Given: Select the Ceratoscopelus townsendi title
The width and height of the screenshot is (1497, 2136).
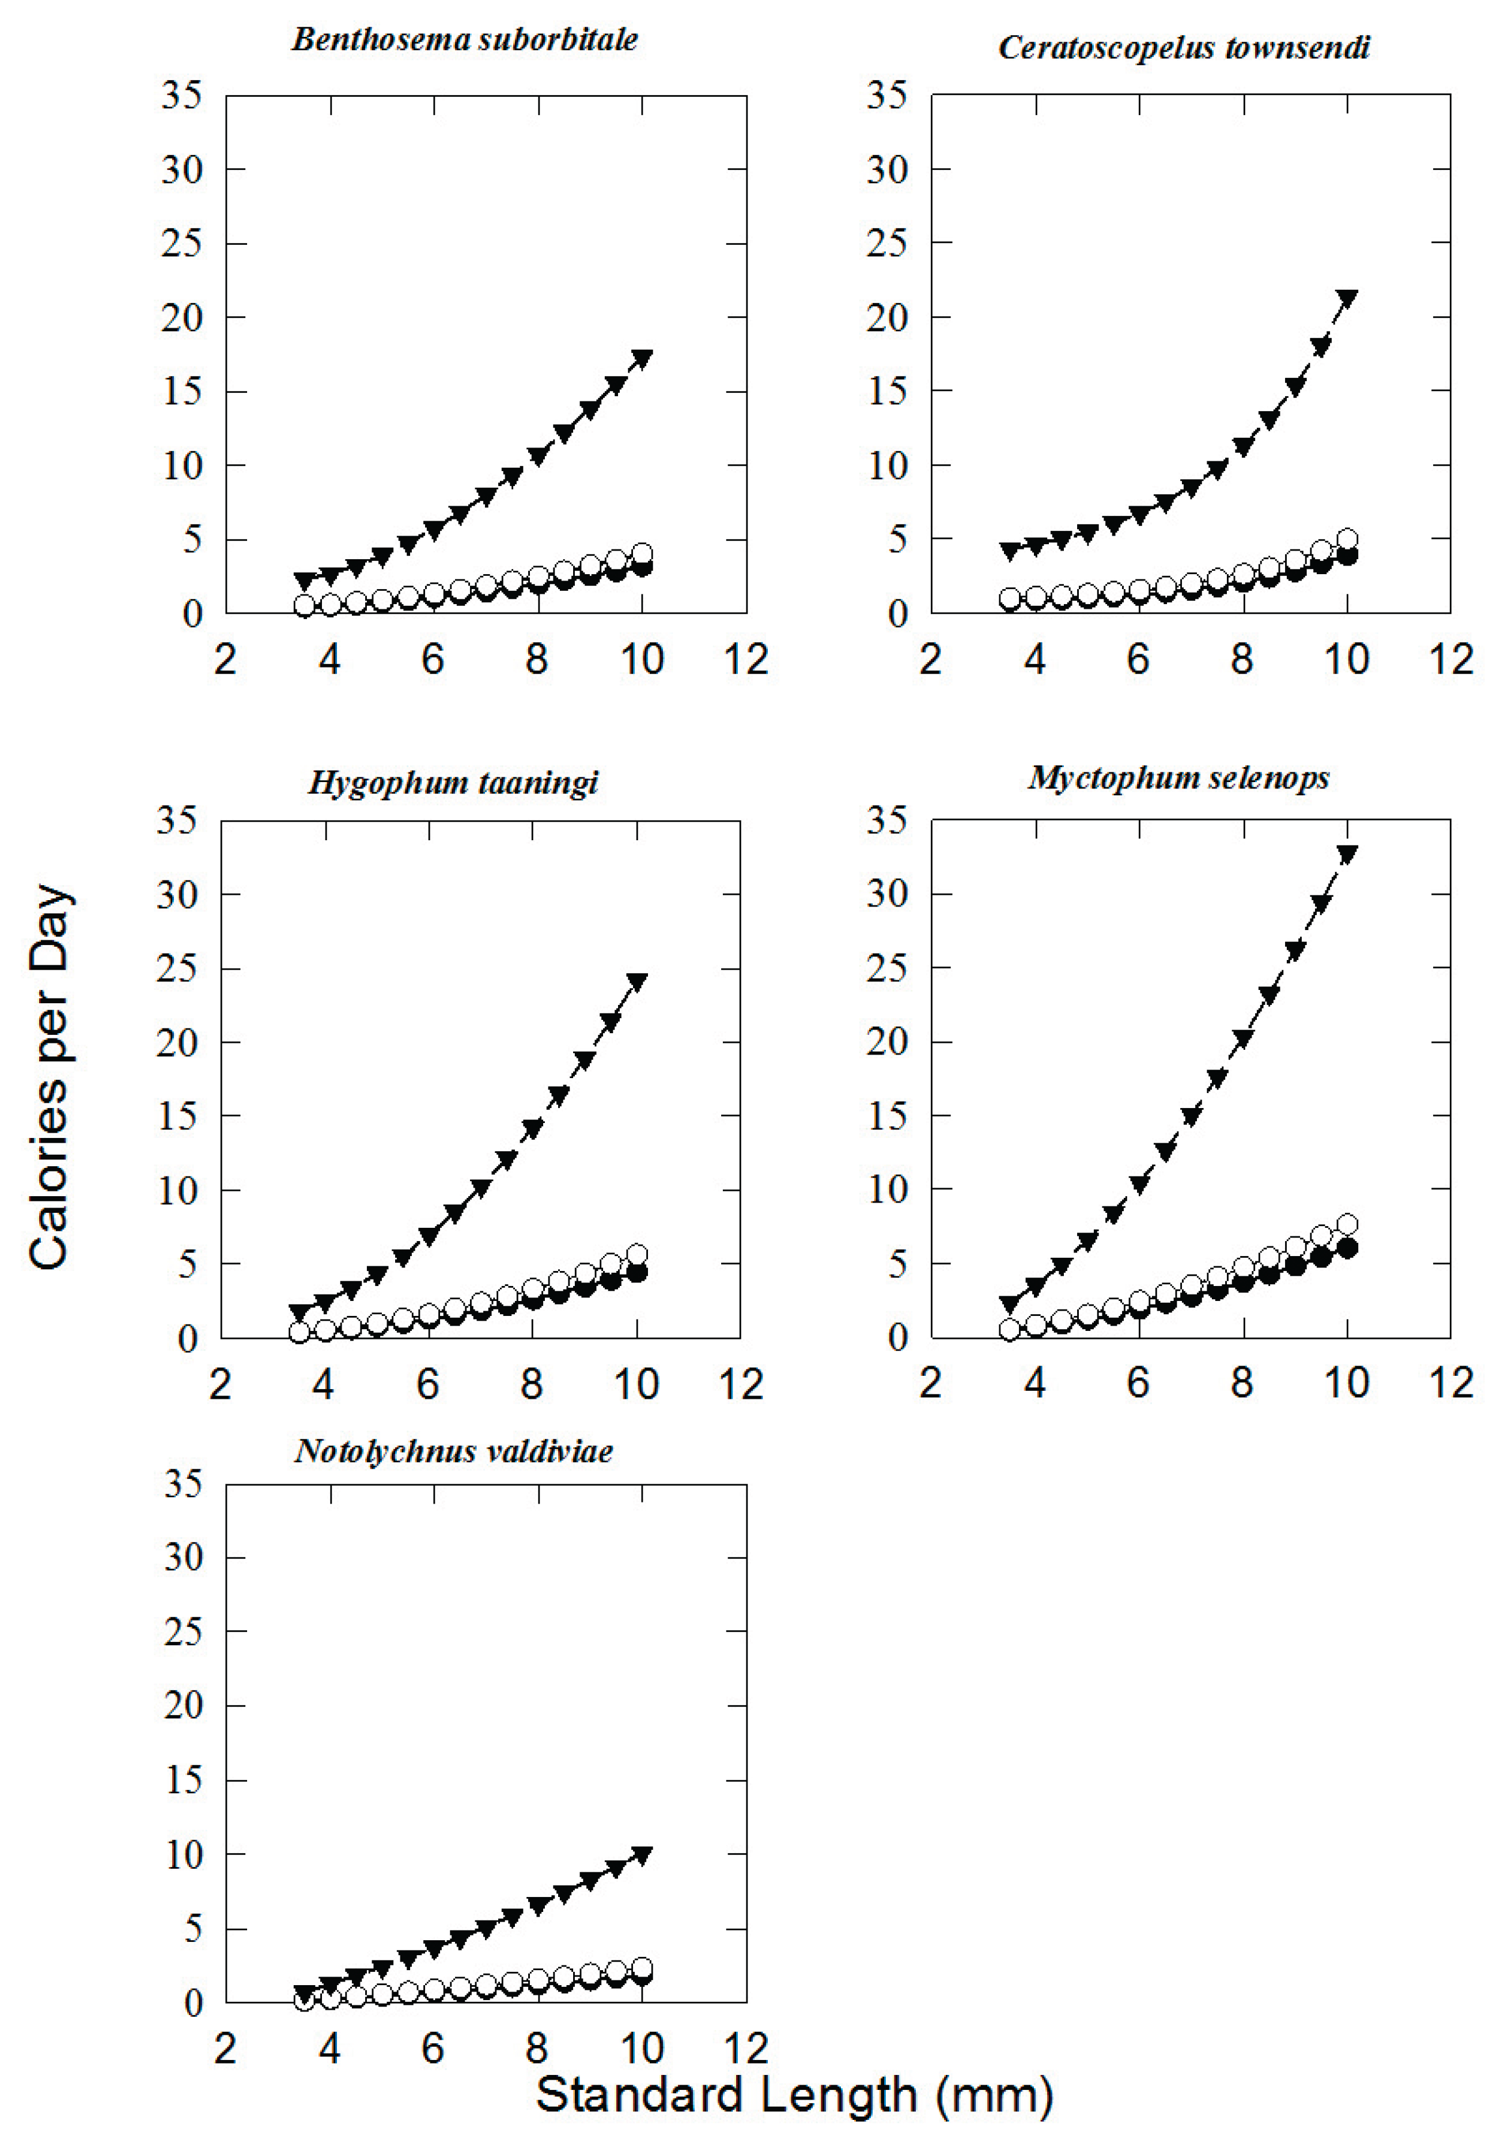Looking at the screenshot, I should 1184,47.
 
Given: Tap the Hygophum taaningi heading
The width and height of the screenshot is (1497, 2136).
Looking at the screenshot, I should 453,783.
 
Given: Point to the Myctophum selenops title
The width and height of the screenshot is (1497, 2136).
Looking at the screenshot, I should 1179,777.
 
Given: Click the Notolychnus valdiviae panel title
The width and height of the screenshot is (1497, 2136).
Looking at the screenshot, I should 454,1451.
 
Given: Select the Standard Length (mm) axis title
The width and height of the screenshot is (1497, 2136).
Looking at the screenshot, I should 794,2095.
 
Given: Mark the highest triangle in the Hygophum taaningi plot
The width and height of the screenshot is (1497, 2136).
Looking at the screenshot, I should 636,981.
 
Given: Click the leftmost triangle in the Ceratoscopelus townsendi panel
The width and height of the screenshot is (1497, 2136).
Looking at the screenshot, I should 1010,551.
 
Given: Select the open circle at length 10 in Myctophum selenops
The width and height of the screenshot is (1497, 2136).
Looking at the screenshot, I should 1346,1224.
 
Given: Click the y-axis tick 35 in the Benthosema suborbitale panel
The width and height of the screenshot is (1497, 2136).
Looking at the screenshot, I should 181,95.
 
